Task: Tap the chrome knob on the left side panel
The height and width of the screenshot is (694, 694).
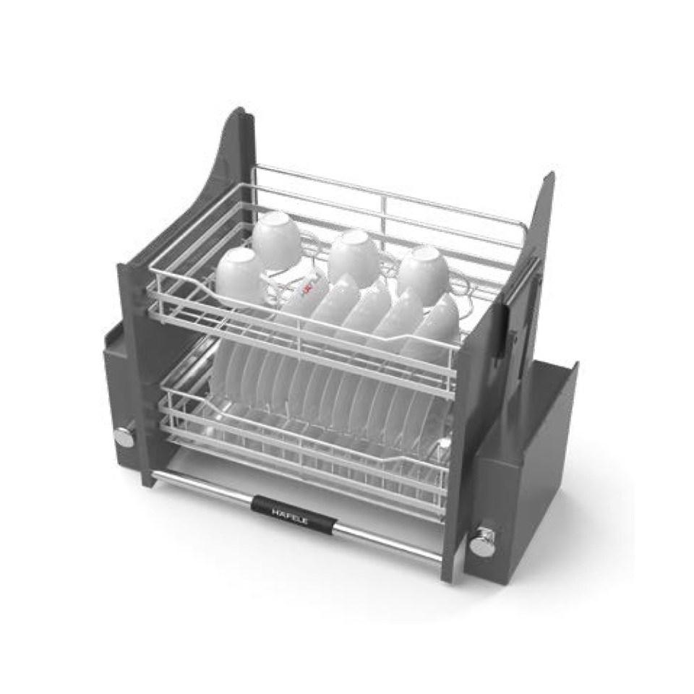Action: pyautogui.click(x=124, y=436)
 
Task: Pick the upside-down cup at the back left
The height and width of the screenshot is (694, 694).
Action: pyautogui.click(x=275, y=238)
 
